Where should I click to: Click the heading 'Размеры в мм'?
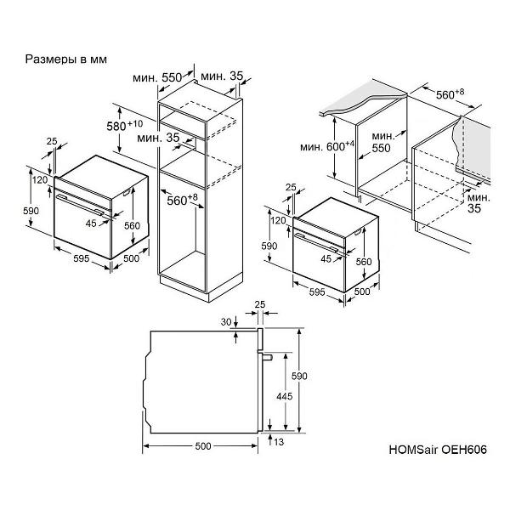click(x=66, y=59)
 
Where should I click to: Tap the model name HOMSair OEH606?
click(x=438, y=450)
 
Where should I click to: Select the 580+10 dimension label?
click(x=125, y=126)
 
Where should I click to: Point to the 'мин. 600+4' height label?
click(x=327, y=146)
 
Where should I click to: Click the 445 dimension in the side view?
click(x=285, y=396)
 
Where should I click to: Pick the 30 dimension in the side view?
click(x=226, y=322)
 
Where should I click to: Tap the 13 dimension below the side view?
click(x=279, y=442)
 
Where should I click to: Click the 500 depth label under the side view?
click(x=203, y=446)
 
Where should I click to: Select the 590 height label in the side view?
click(x=299, y=376)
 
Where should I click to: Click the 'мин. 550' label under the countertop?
click(x=382, y=142)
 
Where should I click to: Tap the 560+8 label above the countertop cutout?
click(x=450, y=94)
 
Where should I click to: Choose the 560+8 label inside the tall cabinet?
click(x=182, y=200)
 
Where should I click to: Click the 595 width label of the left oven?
click(x=81, y=258)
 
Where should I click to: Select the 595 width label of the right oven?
click(x=317, y=292)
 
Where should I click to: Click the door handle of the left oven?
click(x=80, y=205)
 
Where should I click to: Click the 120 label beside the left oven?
click(x=40, y=180)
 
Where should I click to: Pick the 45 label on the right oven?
click(x=326, y=259)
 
